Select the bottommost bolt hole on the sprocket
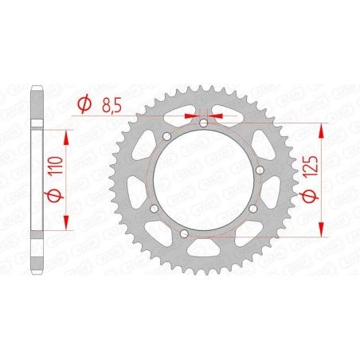[x=182, y=234]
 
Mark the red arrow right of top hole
[x=217, y=115]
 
